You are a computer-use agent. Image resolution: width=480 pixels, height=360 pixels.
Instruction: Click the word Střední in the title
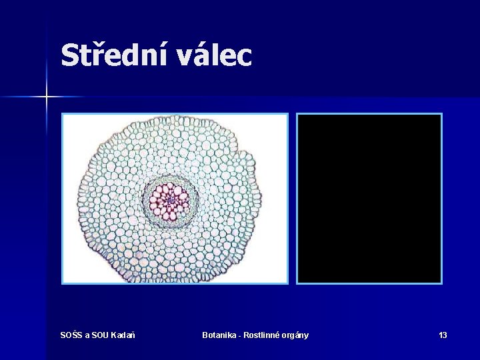click(115, 55)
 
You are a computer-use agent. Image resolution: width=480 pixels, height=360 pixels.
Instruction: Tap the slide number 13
click(443, 335)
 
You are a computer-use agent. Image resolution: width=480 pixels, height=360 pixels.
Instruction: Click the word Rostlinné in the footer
click(263, 335)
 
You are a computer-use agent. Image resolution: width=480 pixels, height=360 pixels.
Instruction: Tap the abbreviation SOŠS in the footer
click(71, 335)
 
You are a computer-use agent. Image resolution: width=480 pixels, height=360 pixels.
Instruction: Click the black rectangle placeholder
click(369, 199)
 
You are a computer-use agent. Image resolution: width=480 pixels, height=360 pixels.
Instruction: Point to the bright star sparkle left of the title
click(47, 97)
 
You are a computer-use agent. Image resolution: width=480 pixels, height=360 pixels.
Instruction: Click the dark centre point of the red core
click(171, 198)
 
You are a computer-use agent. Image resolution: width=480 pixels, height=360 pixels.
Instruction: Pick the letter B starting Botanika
click(205, 335)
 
